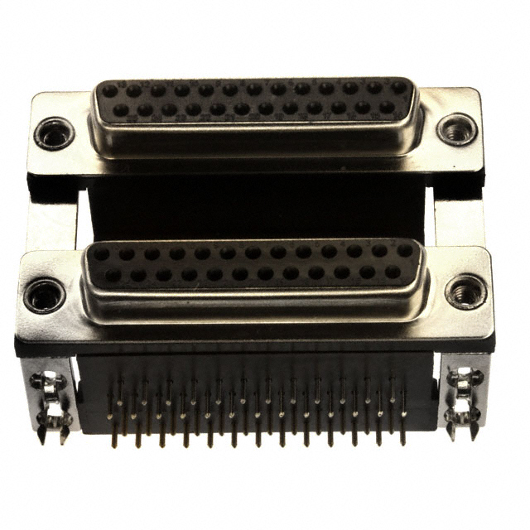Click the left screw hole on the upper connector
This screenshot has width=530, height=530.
point(54,132)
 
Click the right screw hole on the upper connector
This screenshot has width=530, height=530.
point(456,128)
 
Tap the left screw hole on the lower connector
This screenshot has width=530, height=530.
point(44,295)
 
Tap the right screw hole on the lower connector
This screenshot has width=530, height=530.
point(465,291)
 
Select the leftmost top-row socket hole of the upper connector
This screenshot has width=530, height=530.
point(109,91)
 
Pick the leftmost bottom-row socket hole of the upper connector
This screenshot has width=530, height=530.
point(121,110)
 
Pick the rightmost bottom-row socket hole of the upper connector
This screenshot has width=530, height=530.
point(388,106)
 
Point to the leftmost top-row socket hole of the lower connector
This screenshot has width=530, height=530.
point(101,254)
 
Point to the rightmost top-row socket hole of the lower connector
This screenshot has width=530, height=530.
point(404,250)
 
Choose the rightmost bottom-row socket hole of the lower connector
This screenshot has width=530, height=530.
point(393,272)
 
